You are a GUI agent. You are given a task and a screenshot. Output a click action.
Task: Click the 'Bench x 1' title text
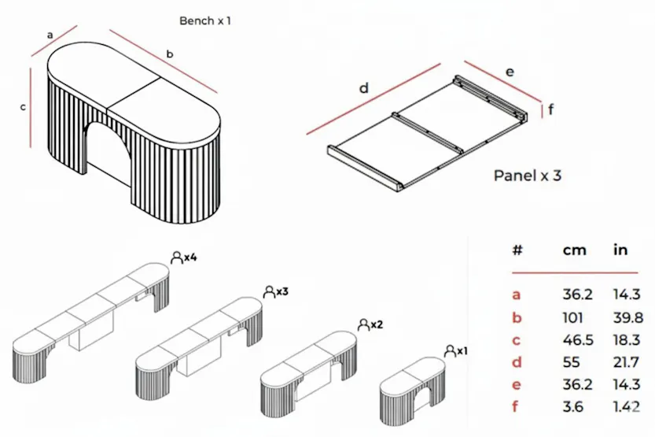pyautogui.click(x=205, y=20)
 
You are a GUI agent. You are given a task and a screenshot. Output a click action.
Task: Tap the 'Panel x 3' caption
pyautogui.click(x=527, y=176)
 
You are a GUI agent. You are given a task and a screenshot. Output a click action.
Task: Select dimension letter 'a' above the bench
pyautogui.click(x=50, y=35)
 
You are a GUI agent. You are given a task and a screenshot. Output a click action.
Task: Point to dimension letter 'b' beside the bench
pyautogui.click(x=169, y=54)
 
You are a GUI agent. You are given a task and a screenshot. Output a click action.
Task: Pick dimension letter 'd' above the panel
pyautogui.click(x=363, y=88)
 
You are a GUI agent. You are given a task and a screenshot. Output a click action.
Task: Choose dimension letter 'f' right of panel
pyautogui.click(x=550, y=109)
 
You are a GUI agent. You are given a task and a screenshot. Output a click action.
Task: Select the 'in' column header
pyautogui.click(x=620, y=250)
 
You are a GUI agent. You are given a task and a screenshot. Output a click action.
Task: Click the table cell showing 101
pyautogui.click(x=572, y=317)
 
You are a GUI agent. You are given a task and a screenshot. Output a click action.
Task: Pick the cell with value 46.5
pyautogui.click(x=576, y=340)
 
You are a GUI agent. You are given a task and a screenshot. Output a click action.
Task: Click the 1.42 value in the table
pyautogui.click(x=627, y=408)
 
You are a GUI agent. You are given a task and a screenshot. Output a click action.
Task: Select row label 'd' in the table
pyautogui.click(x=517, y=363)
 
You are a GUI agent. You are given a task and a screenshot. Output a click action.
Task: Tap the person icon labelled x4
pyautogui.click(x=175, y=257)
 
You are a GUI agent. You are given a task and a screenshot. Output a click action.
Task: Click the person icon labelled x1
pyautogui.click(x=449, y=350)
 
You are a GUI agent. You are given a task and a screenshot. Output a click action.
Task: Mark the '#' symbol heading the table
pyautogui.click(x=517, y=250)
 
